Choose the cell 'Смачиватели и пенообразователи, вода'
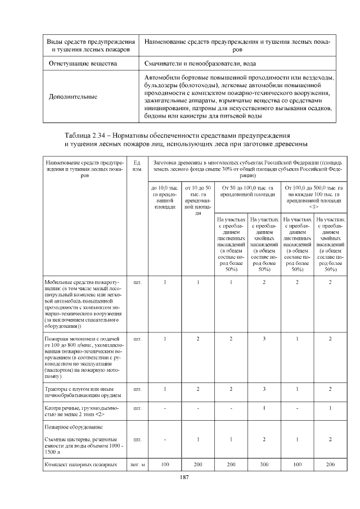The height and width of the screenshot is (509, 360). pos(200,64)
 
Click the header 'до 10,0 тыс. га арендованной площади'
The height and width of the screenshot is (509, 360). pos(164,197)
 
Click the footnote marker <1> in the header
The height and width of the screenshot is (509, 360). pos(313,206)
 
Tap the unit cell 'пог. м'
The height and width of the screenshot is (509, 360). pos(138,465)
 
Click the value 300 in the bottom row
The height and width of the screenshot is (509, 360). pos(263,465)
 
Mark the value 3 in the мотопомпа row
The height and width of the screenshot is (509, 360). pos(263,339)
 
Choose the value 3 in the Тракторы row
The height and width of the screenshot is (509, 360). pos(263,389)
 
